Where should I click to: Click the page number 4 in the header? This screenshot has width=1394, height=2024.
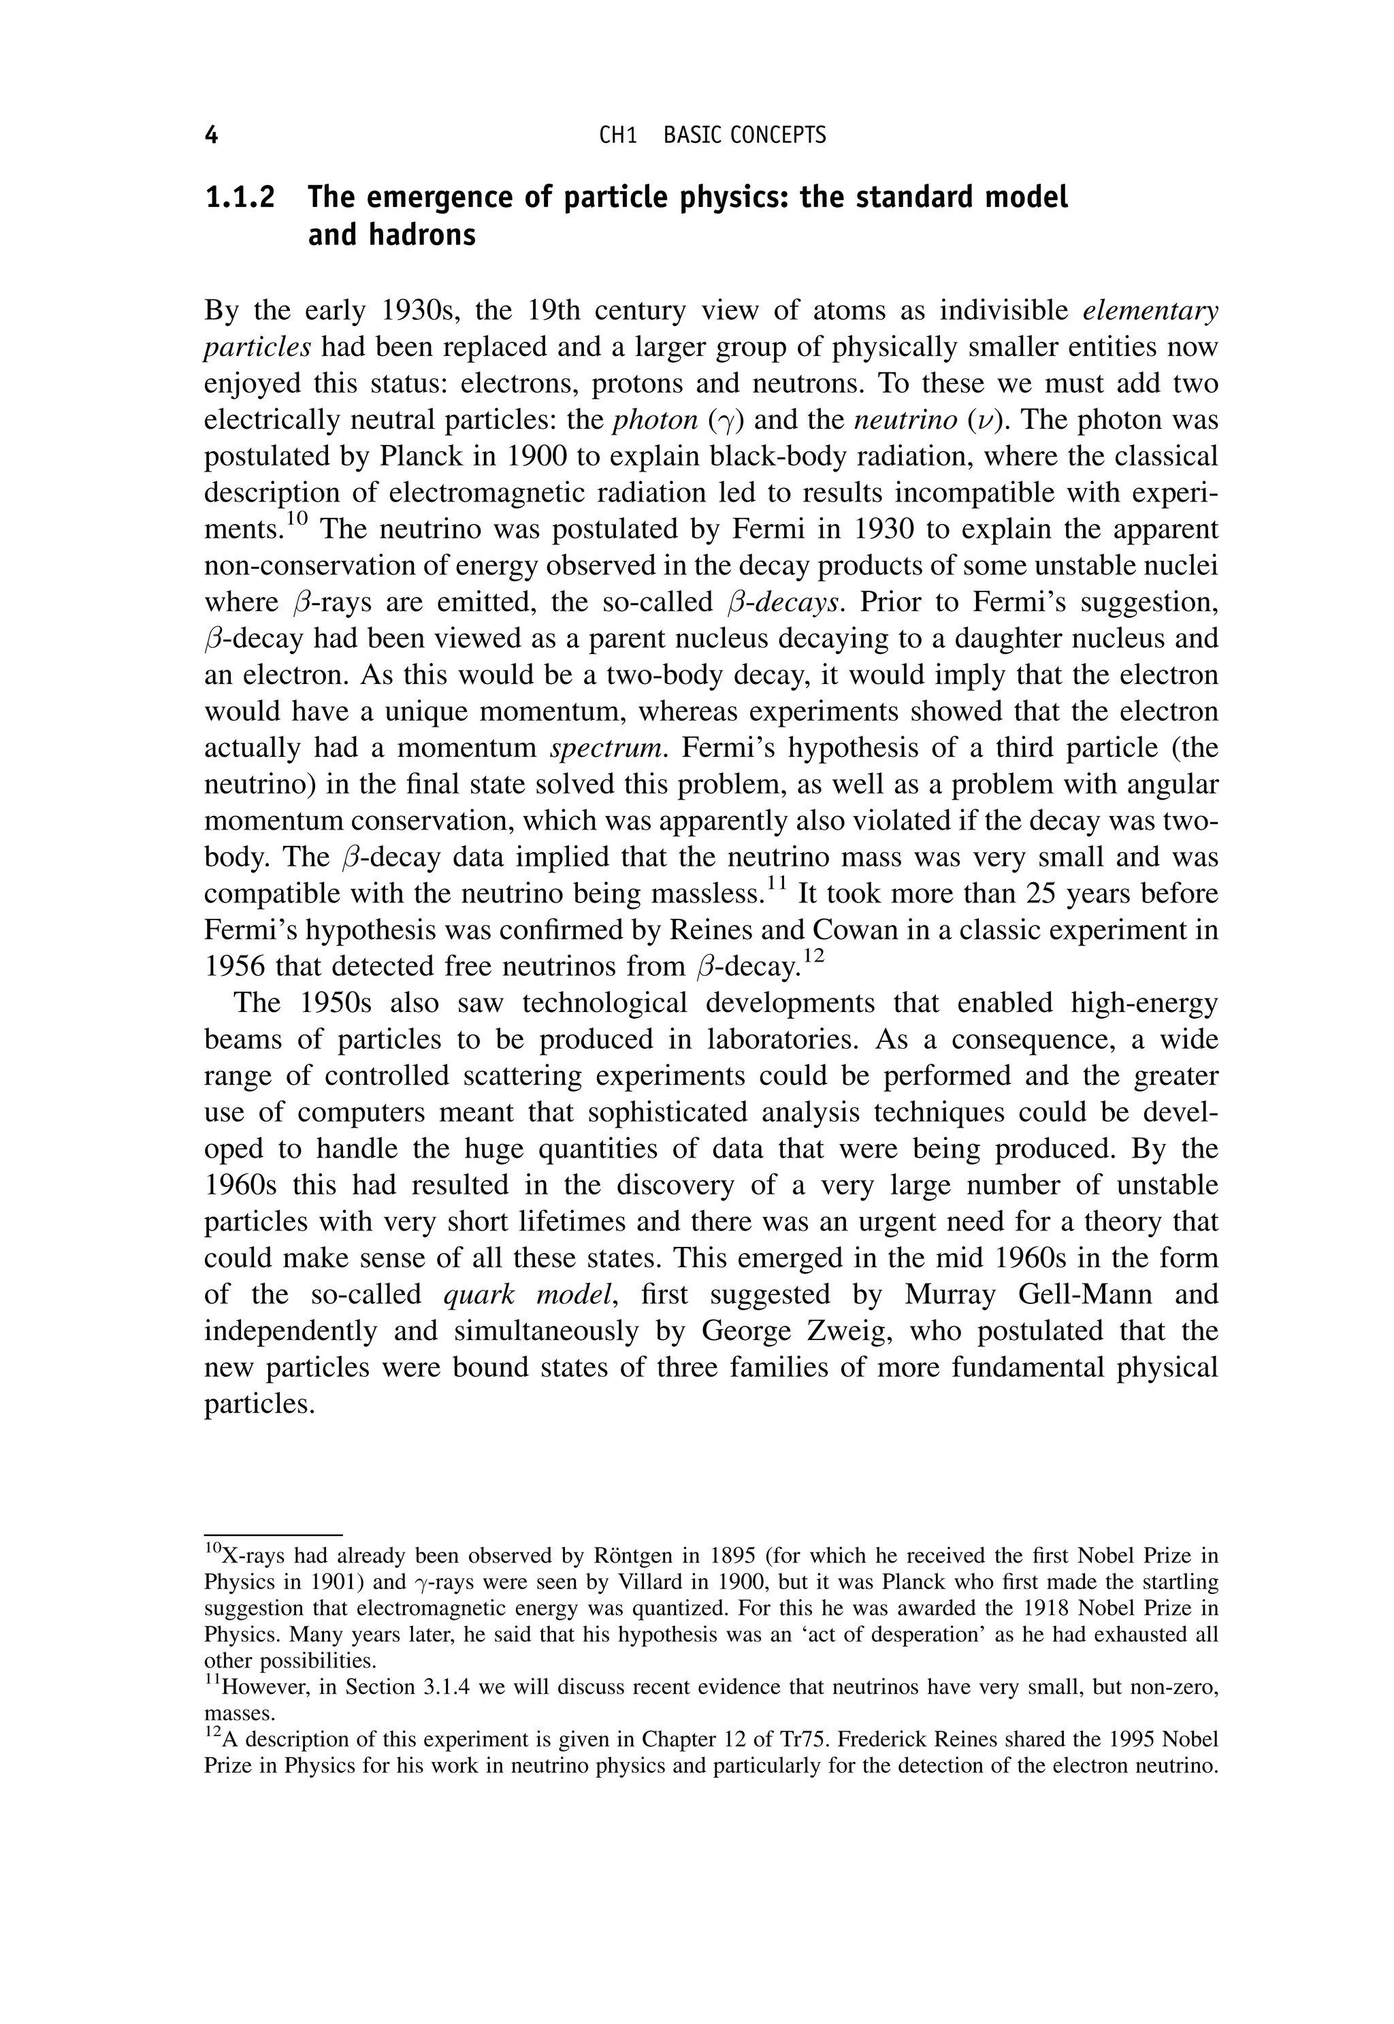[x=210, y=135]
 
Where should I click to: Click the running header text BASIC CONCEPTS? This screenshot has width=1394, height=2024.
[x=744, y=135]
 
